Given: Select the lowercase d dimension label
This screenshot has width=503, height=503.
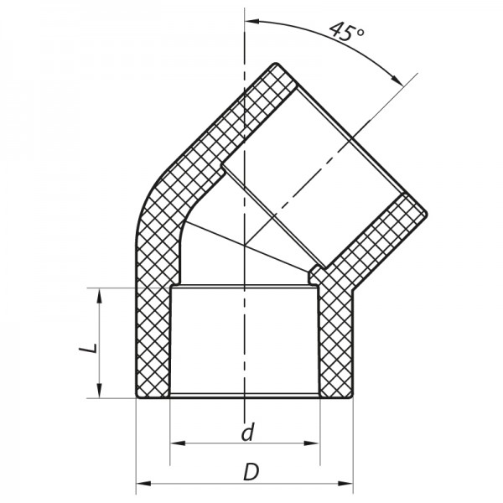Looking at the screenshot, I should [246, 433].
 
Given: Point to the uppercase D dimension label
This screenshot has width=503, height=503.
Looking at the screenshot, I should [249, 472].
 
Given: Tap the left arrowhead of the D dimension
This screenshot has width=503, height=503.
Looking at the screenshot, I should [141, 484].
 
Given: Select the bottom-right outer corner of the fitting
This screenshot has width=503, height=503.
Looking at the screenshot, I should [352, 397].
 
